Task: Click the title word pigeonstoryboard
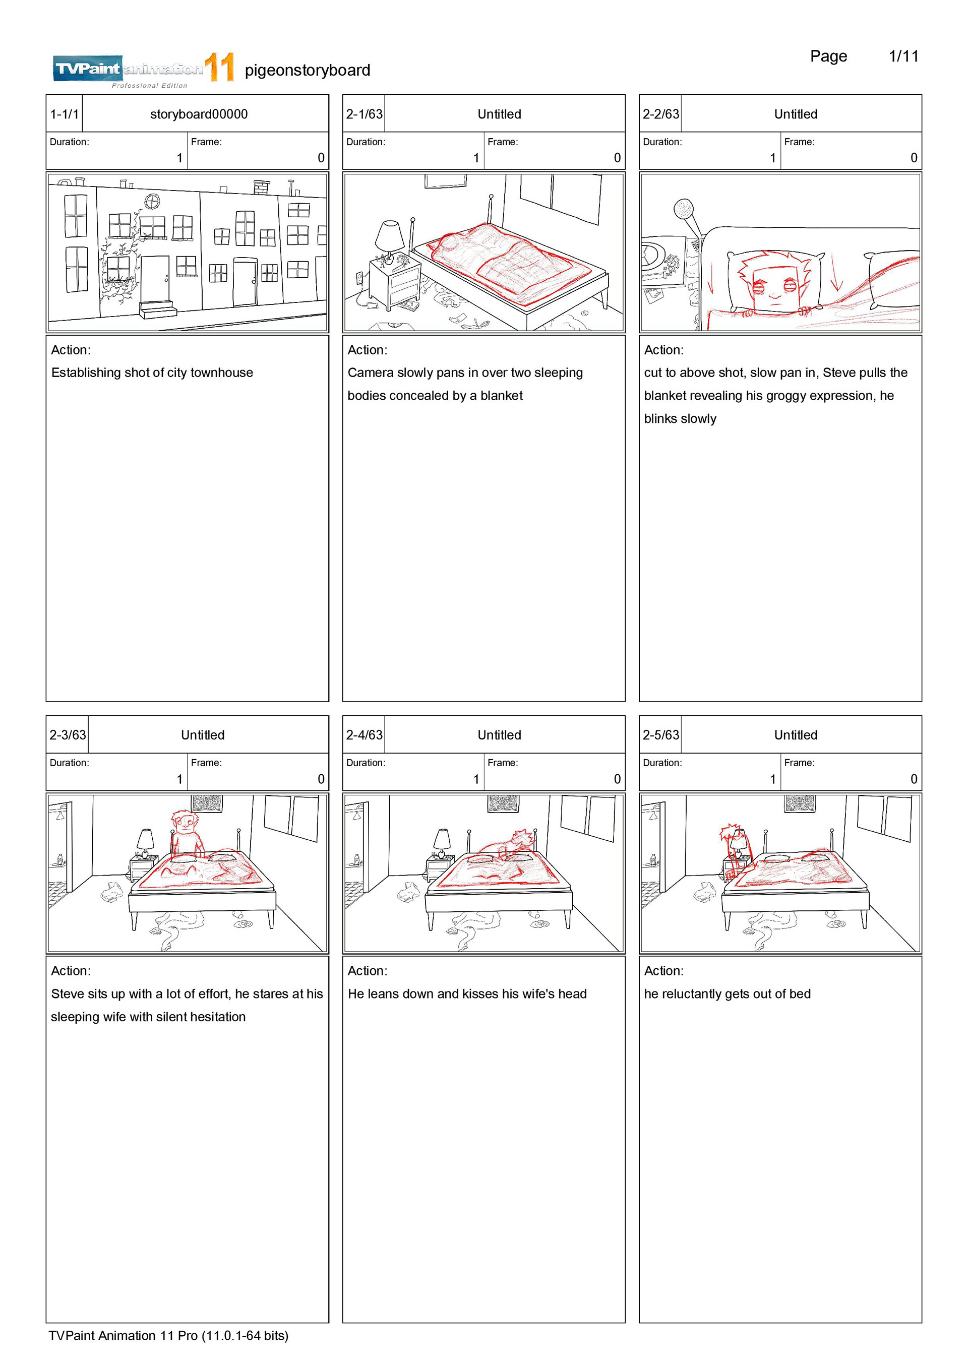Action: (307, 71)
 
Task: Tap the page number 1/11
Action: (903, 56)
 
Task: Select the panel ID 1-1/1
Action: (65, 114)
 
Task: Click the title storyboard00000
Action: (199, 114)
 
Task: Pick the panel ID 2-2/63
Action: (660, 114)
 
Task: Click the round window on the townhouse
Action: (153, 202)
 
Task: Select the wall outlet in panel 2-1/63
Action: (359, 278)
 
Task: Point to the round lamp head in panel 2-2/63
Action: (684, 209)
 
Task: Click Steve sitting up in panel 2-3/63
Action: (186, 834)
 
